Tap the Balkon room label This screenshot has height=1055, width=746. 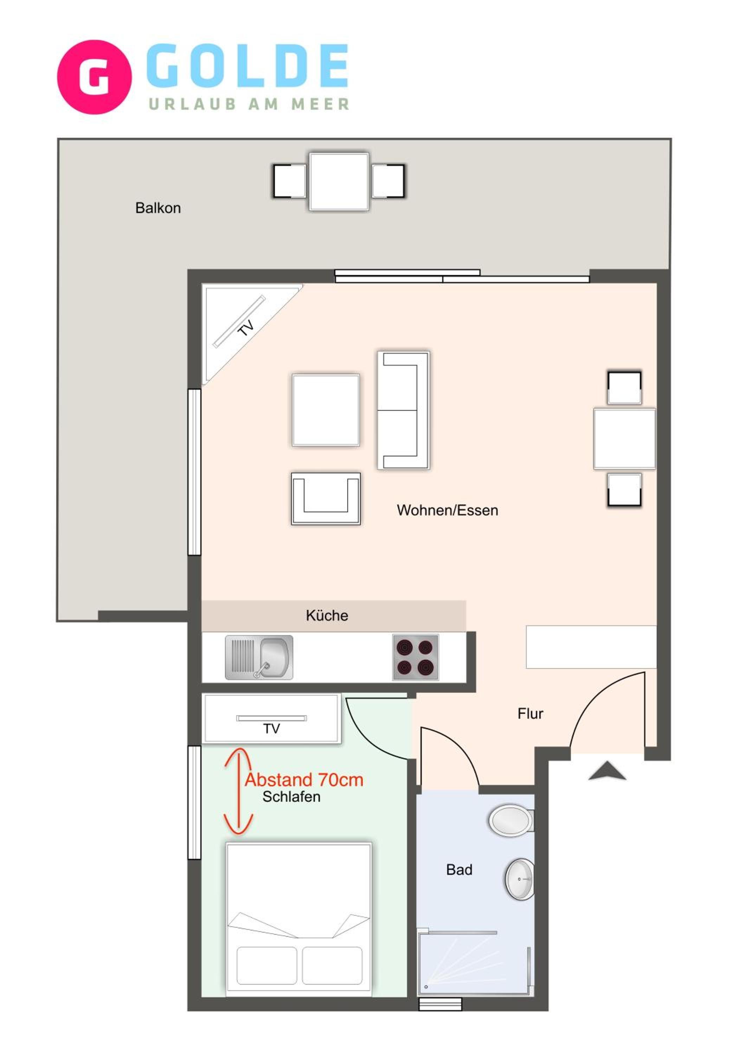click(x=158, y=208)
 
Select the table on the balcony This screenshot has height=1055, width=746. click(x=339, y=182)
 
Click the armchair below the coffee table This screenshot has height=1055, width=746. click(x=326, y=499)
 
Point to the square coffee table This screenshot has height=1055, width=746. click(x=326, y=410)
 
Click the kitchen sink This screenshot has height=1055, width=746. click(x=259, y=658)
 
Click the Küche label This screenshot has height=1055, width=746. click(x=327, y=615)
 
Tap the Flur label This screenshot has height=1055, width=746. click(x=530, y=714)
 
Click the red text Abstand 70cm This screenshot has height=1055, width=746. click(x=304, y=780)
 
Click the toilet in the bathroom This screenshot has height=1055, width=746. click(x=511, y=820)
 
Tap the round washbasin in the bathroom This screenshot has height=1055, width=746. click(x=520, y=879)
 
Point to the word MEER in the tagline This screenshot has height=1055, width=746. click(x=320, y=104)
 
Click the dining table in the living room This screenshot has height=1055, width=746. click(x=624, y=439)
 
